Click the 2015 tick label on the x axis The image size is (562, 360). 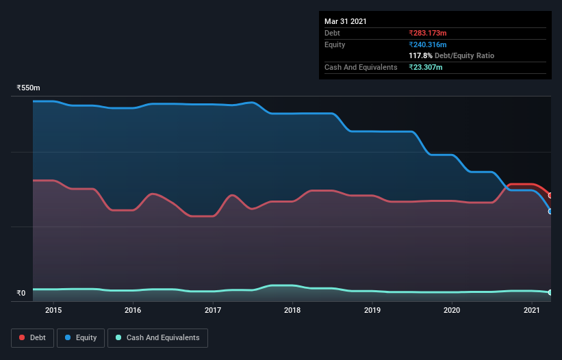click(53, 310)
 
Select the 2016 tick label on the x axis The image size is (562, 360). click(133, 310)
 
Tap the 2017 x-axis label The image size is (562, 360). click(213, 310)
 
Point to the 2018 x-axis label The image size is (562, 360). click(292, 310)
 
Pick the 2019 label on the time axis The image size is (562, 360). click(372, 310)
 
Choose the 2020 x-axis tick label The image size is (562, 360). click(452, 310)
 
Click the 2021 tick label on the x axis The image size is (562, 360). click(532, 310)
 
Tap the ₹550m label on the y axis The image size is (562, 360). click(29, 88)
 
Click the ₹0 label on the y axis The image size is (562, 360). click(21, 294)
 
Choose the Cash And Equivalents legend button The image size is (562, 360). click(157, 337)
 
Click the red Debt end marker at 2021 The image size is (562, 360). click(550, 196)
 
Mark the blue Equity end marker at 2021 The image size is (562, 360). click(550, 211)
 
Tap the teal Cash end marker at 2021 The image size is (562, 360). click(550, 292)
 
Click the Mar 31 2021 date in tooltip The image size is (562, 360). click(346, 21)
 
